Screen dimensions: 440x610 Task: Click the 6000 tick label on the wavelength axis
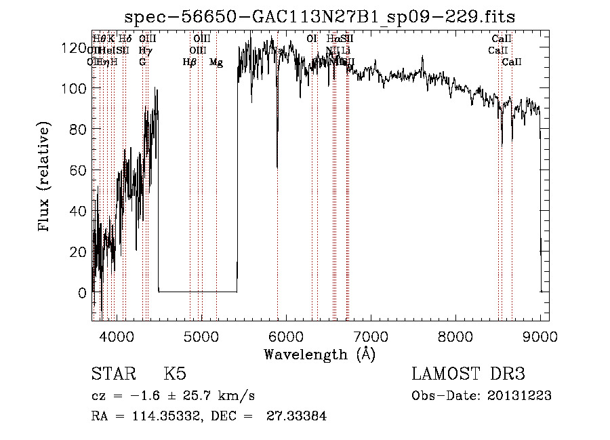(x=286, y=336)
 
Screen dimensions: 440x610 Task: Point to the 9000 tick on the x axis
(x=540, y=336)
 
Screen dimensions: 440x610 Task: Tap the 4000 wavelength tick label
(x=117, y=336)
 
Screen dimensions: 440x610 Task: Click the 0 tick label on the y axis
(x=82, y=293)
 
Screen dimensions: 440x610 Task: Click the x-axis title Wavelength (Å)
(x=319, y=354)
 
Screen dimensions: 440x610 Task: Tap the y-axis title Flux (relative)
(x=45, y=178)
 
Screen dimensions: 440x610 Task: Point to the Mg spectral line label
(x=216, y=62)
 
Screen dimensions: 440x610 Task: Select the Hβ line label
(x=190, y=62)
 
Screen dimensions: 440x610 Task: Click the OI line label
(x=312, y=39)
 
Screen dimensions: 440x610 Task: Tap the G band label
(x=142, y=62)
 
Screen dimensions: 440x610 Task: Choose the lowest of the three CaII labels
(x=512, y=62)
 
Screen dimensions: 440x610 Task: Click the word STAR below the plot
(x=110, y=375)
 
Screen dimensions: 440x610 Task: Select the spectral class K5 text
(x=175, y=375)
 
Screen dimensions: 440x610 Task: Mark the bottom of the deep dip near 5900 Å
(x=277, y=167)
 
